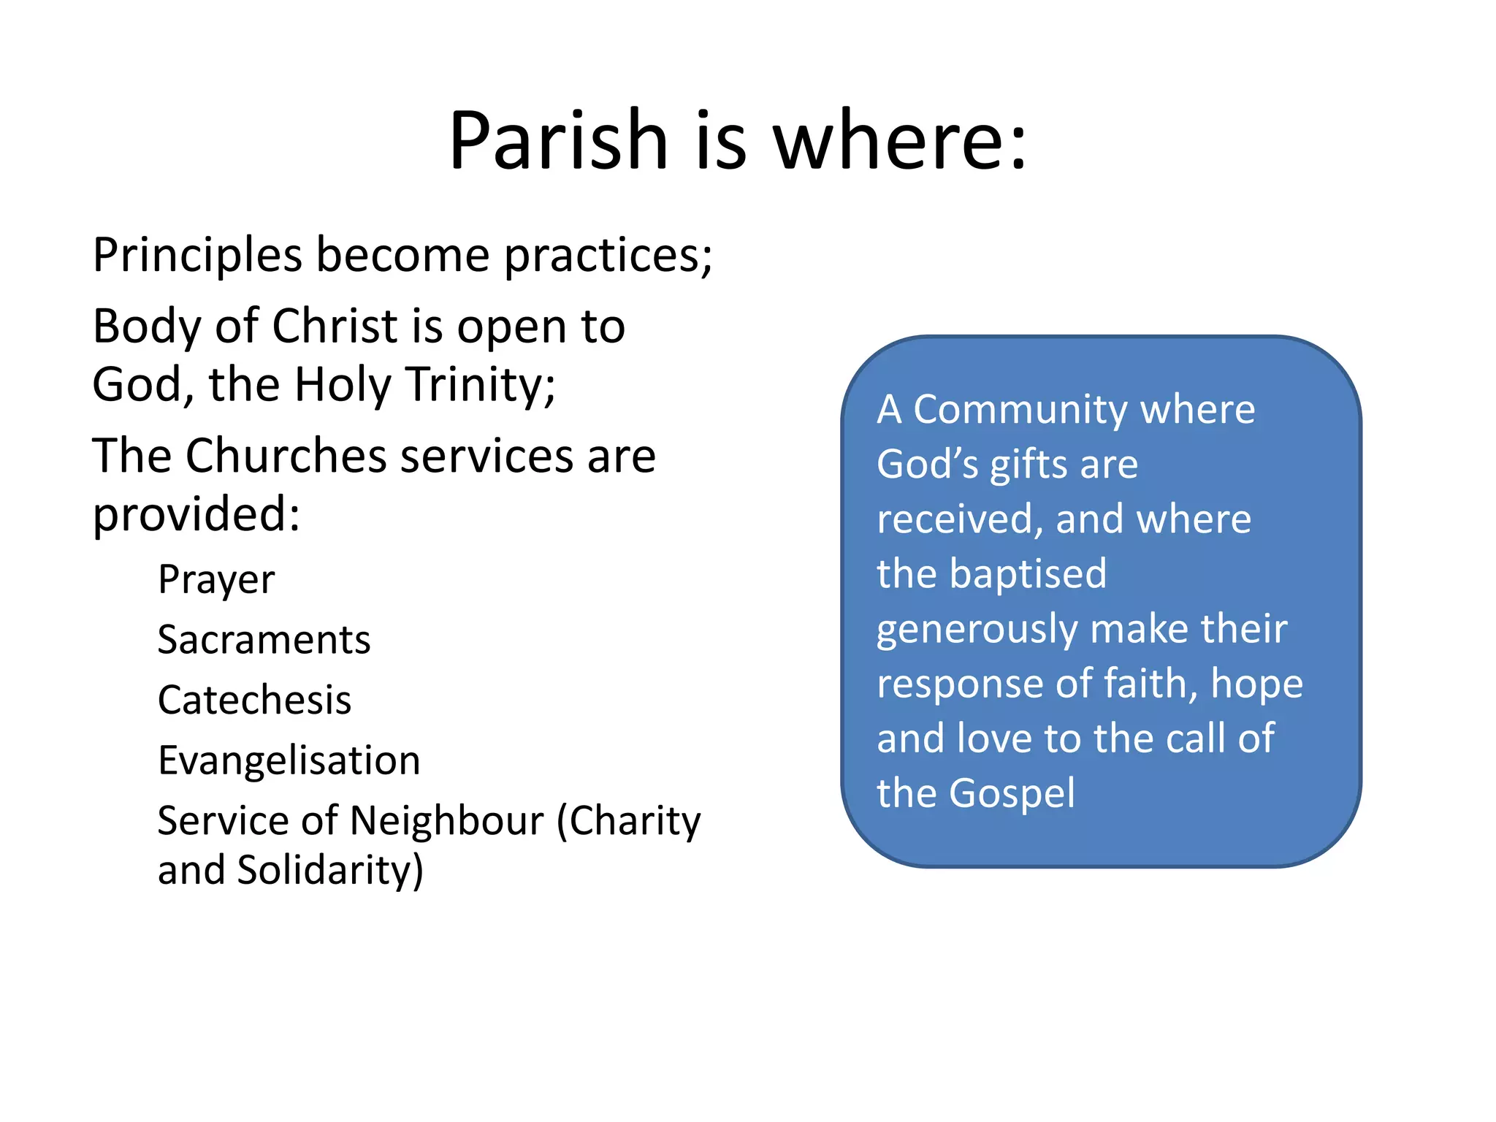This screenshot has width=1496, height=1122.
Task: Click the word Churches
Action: coord(286,457)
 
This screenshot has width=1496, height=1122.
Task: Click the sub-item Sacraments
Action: coord(264,640)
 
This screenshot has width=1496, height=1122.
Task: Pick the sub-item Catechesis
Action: coord(254,700)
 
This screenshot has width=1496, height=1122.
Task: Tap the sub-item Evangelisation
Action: coord(289,760)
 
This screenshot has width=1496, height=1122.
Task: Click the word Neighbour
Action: coord(446,821)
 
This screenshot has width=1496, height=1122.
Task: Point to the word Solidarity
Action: coord(329,871)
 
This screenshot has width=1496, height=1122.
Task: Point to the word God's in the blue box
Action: coord(927,465)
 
